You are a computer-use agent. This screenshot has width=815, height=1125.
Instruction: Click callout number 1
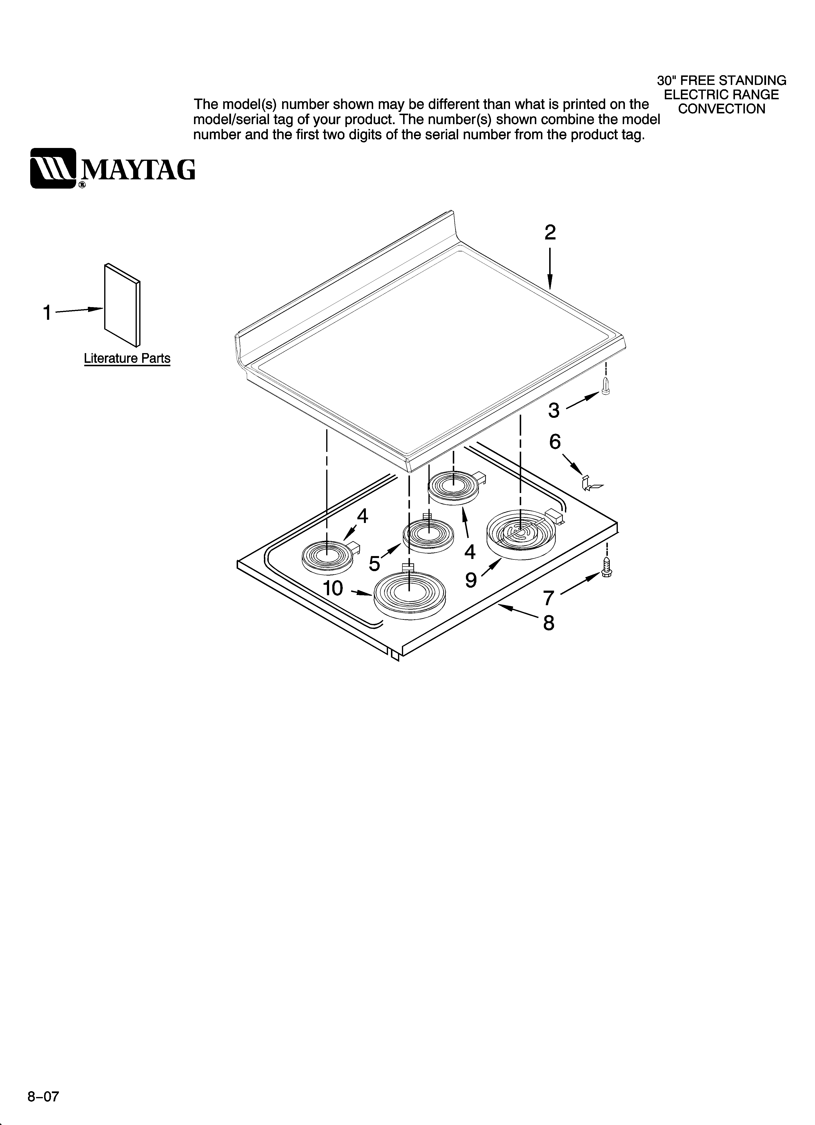point(47,313)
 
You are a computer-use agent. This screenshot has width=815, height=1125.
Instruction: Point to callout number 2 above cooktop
point(550,233)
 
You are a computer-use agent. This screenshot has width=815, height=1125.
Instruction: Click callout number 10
point(333,588)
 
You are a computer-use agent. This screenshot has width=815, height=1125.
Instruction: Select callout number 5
point(375,564)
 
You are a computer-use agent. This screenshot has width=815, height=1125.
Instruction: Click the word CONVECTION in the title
point(722,109)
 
